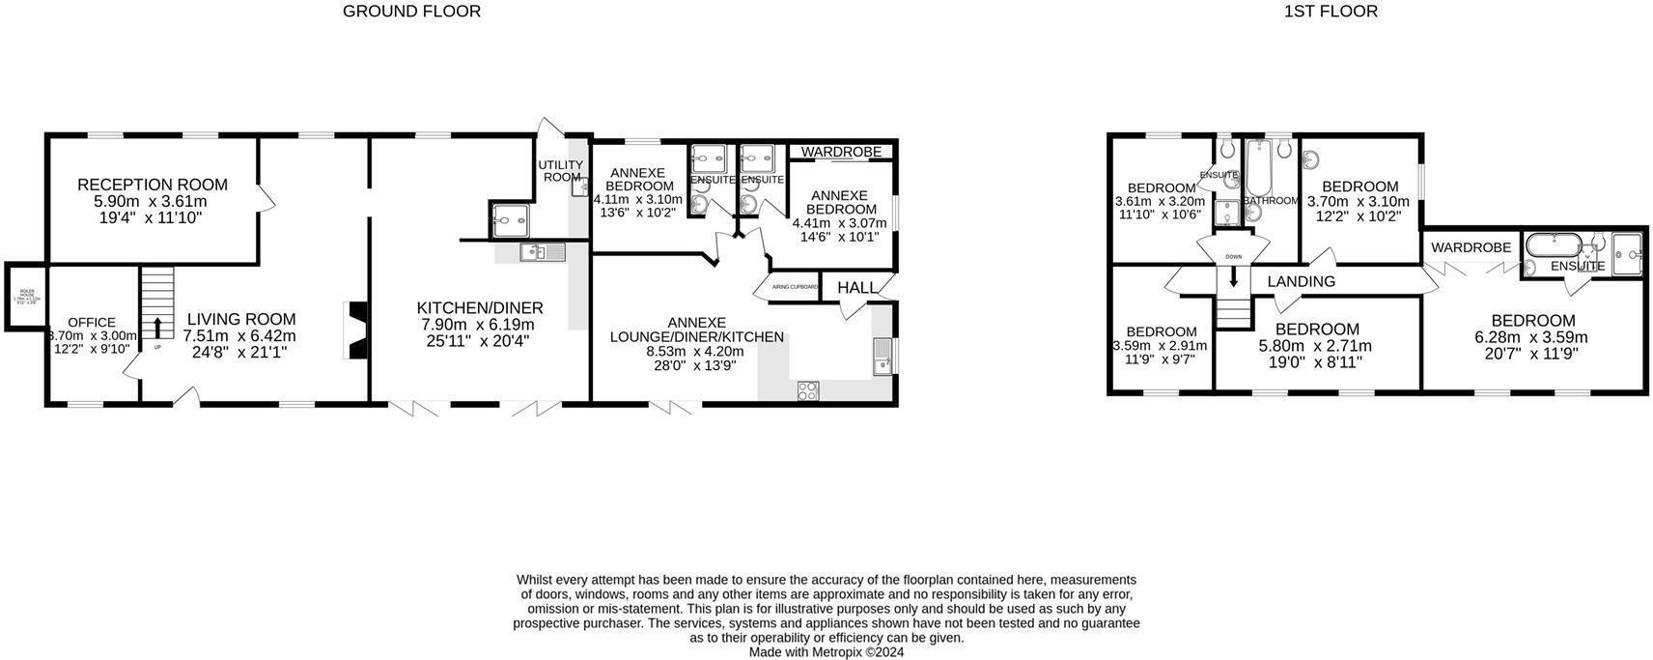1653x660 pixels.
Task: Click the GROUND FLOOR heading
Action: [411, 12]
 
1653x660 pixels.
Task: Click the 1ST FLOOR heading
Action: [1330, 12]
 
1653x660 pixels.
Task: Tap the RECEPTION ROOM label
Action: [153, 185]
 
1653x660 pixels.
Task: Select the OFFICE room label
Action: [92, 323]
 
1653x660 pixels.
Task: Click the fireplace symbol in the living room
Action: [356, 331]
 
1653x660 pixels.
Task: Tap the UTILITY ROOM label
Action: [560, 171]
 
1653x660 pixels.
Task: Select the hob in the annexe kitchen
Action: [807, 390]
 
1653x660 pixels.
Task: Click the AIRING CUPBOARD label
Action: [795, 287]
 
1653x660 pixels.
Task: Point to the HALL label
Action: [856, 288]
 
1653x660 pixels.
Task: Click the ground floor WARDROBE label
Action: [841, 152]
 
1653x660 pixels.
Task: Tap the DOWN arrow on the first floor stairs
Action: [1233, 277]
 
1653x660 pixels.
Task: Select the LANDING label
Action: [1301, 281]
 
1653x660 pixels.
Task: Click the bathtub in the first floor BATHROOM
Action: [1257, 168]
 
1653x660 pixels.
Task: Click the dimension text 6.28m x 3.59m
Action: [1531, 338]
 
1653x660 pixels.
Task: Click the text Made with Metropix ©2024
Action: [826, 652]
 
